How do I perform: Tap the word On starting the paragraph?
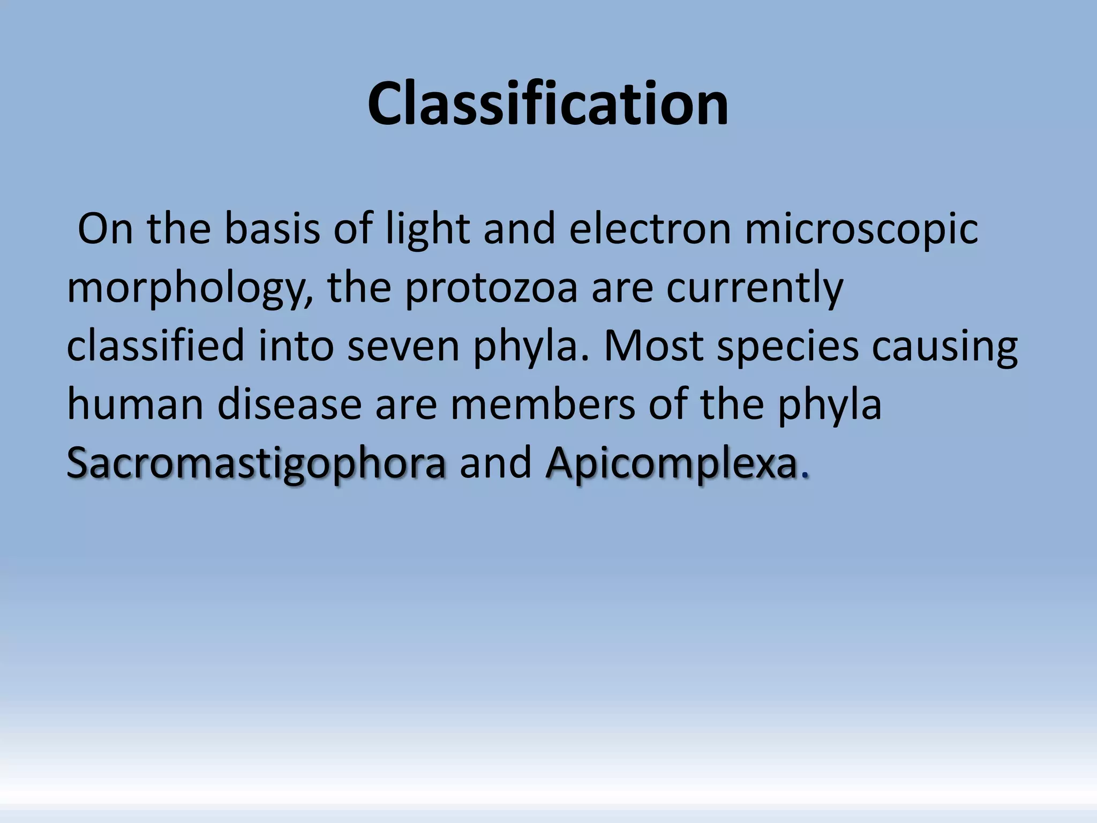(x=105, y=229)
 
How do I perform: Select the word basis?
(x=272, y=229)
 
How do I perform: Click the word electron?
(x=650, y=229)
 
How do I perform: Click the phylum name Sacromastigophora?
(x=256, y=463)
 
